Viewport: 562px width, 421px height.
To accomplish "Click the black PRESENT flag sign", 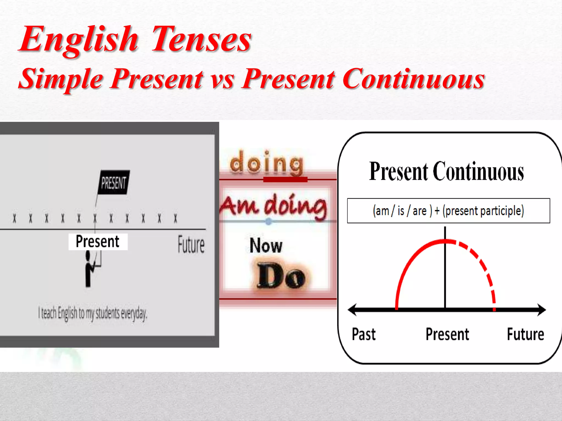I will coord(114,183).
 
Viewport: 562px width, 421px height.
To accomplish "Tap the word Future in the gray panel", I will coord(191,244).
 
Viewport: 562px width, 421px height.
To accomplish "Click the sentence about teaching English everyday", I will coord(93,313).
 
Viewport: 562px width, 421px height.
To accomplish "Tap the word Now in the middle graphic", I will coord(266,245).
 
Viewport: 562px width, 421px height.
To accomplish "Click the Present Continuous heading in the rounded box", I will coord(446,172).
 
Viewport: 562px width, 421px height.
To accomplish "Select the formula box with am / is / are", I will coord(448,211).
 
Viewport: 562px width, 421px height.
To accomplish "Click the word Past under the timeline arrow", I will coord(364,334).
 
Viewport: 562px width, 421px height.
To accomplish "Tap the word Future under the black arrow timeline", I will coord(525,334).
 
